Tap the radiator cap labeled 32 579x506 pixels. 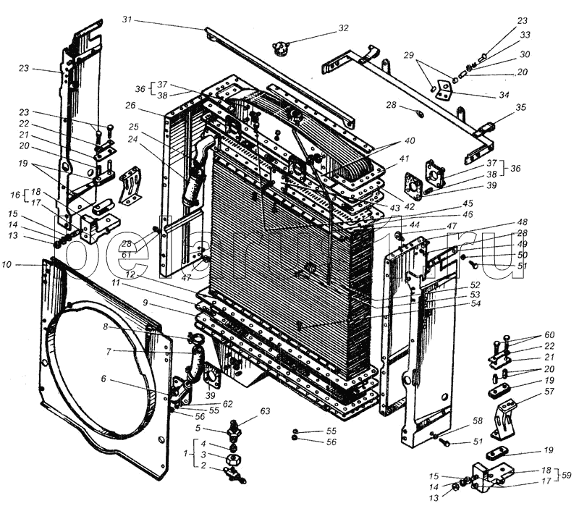point(280,49)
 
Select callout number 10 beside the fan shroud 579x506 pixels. point(27,266)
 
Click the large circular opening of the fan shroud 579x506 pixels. point(101,376)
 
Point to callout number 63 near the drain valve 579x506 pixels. point(265,412)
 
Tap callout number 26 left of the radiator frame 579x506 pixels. point(130,105)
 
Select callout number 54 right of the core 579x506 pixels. point(476,303)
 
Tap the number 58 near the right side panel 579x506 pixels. point(478,420)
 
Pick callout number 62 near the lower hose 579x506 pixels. point(228,403)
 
